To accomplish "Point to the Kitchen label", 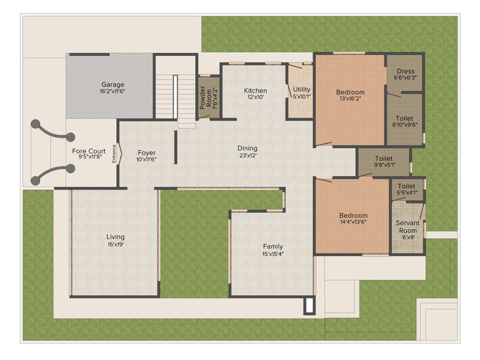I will coord(255,90).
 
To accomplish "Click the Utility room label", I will coord(302,90).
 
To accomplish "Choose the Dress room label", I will coord(405,72).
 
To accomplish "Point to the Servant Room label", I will coord(407,226).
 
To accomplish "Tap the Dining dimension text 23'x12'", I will coord(247,155).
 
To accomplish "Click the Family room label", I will coord(273,247).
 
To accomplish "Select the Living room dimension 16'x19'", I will coord(115,244).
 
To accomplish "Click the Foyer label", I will coord(146,153).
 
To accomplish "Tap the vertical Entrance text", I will coord(114,155).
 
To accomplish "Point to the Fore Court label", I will coord(89,151).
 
